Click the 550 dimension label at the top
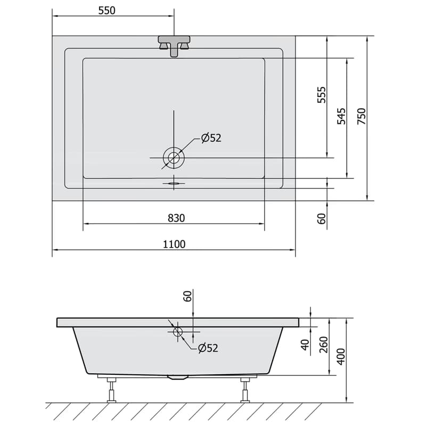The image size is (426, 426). (x=107, y=10)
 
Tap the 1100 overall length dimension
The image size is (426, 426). (x=174, y=244)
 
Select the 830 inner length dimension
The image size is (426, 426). (x=176, y=218)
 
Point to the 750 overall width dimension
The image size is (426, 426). (x=362, y=116)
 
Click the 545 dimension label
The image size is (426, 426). (x=341, y=116)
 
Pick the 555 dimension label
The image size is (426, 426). (x=322, y=95)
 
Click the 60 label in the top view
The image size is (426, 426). (x=322, y=218)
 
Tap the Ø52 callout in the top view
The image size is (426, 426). (x=211, y=138)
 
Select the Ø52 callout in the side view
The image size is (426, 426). (x=208, y=348)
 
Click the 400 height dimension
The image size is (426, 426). (x=341, y=356)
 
